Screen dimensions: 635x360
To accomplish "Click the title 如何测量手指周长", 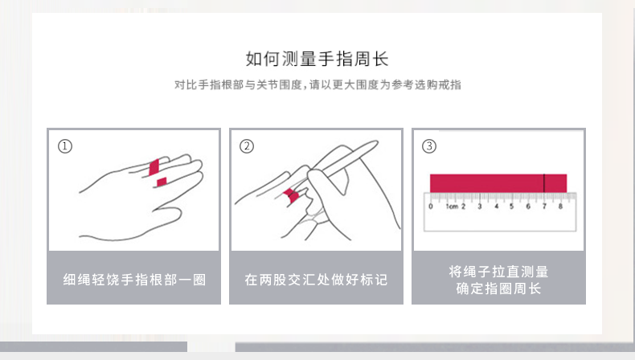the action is (x=317, y=59).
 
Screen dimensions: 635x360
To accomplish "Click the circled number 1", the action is (x=65, y=146).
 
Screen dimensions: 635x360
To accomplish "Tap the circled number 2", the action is (x=247, y=146).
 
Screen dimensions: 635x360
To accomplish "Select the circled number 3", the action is (x=429, y=146).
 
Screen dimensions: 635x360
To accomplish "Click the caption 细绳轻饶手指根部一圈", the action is (x=134, y=280).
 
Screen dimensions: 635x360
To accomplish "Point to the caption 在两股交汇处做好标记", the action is (x=316, y=280).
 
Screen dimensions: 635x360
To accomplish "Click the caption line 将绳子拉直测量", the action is (x=498, y=272).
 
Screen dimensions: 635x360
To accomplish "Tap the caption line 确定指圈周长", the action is (x=498, y=288).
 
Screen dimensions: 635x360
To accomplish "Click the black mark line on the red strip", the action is (x=544, y=183).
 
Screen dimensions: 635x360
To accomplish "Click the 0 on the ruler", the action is (x=431, y=207).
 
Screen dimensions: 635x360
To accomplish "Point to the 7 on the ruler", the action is (x=544, y=207).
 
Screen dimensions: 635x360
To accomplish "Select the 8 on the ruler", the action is (x=560, y=207).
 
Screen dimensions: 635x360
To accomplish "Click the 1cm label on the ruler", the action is (x=452, y=207).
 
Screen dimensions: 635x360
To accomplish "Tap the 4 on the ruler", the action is (x=496, y=207).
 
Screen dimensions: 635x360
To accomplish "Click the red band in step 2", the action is (x=291, y=195).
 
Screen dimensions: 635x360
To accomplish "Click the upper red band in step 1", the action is (x=154, y=167).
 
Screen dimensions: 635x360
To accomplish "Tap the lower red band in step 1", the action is (x=162, y=182).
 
